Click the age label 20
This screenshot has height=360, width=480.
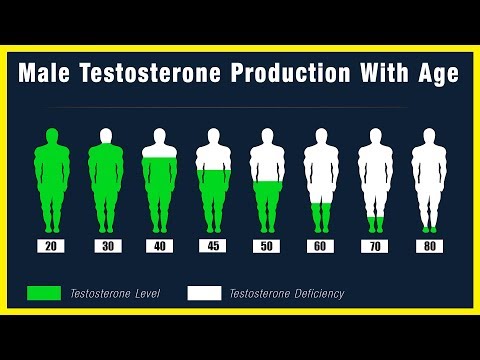click(x=50, y=246)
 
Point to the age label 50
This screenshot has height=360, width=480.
click(x=267, y=246)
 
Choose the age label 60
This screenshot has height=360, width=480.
click(x=321, y=246)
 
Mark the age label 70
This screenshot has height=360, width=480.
click(x=375, y=246)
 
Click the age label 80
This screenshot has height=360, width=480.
click(x=429, y=246)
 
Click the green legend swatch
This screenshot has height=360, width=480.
click(x=44, y=293)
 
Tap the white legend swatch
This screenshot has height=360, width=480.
click(x=204, y=293)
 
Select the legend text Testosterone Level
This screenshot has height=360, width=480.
click(x=114, y=293)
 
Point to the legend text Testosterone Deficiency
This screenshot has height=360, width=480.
click(x=287, y=293)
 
